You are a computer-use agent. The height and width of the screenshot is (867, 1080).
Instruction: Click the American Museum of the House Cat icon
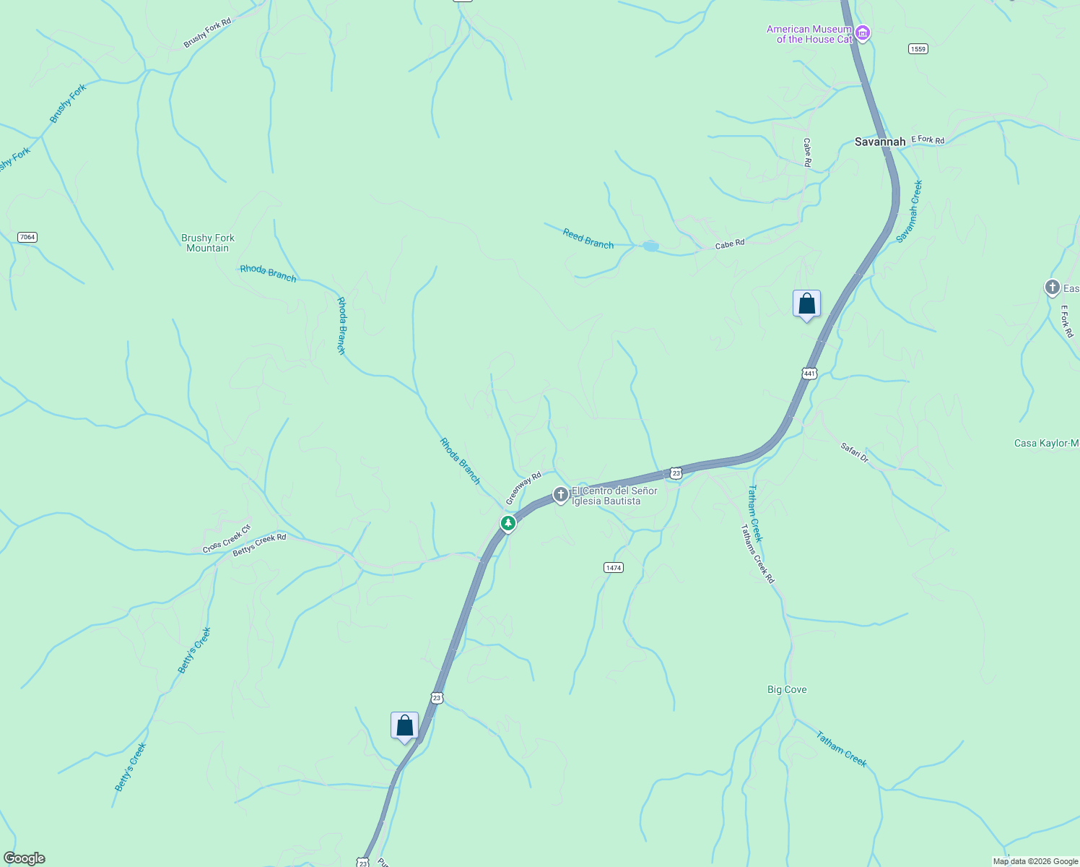click(863, 33)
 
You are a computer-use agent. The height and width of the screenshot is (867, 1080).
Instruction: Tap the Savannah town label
click(879, 142)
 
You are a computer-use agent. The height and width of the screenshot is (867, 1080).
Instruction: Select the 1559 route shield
click(918, 49)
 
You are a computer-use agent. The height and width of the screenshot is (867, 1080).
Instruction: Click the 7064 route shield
click(27, 237)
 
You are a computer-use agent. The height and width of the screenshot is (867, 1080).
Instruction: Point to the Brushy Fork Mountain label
click(208, 243)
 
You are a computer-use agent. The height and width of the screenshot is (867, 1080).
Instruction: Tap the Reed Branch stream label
click(588, 238)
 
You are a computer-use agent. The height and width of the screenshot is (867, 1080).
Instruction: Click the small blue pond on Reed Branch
click(650, 246)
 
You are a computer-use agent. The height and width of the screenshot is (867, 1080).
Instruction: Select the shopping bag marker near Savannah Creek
click(806, 304)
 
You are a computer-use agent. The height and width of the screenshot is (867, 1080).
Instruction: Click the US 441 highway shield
click(809, 374)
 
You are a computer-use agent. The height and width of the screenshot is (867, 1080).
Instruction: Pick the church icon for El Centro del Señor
click(560, 495)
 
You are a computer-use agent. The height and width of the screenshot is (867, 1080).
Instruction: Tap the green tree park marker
click(508, 523)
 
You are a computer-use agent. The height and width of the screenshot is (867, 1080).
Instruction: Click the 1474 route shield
click(613, 568)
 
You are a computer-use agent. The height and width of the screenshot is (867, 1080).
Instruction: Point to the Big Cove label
click(787, 690)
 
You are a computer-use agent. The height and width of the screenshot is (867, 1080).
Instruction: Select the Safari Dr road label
click(855, 452)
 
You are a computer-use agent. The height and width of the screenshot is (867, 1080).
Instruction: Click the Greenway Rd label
click(523, 488)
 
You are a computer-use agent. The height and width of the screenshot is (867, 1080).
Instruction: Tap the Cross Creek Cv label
click(226, 539)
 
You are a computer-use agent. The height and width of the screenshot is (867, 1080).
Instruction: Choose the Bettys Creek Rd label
click(259, 545)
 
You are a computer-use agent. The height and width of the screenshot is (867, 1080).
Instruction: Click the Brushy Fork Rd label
click(207, 33)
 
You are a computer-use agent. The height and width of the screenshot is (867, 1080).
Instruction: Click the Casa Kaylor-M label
click(1046, 444)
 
